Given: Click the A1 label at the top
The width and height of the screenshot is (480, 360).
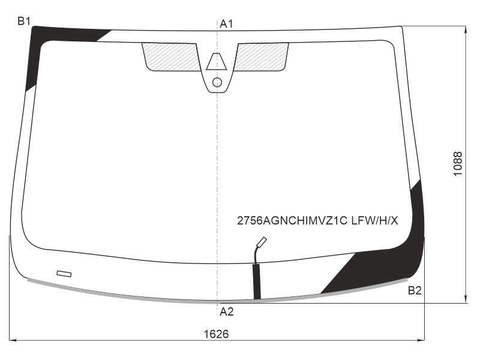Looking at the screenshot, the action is (x=226, y=23).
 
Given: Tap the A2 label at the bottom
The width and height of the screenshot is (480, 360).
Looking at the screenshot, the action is (x=227, y=311).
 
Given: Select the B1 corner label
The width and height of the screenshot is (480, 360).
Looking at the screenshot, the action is (x=24, y=21).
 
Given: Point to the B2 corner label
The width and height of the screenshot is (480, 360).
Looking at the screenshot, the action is (x=415, y=290).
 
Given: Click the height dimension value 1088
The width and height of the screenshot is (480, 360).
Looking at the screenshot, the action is (x=458, y=164).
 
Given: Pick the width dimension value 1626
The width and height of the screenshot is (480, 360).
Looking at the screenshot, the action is (x=217, y=334).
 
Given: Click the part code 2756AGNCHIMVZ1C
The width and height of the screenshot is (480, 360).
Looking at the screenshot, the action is (x=292, y=220).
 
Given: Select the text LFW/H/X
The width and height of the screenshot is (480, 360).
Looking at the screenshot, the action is (x=374, y=220).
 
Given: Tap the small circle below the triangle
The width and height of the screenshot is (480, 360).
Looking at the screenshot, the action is (x=217, y=82).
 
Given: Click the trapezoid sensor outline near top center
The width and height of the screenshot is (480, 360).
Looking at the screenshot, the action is (x=217, y=62).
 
